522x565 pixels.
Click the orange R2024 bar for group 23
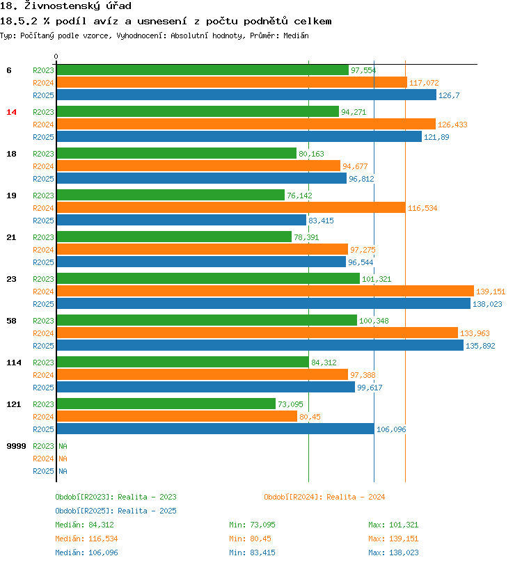[264, 292]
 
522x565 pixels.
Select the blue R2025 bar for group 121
[215, 429]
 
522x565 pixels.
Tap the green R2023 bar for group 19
[170, 196]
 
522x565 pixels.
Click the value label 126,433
[452, 125]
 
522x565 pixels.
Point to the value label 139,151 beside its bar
[491, 292]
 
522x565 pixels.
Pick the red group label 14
[11, 112]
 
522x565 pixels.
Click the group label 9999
[16, 446]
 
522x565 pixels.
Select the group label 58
[11, 321]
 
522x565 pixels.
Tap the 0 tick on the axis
[56, 56]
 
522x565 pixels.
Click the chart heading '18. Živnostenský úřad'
[65, 6]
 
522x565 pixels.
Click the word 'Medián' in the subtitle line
[295, 35]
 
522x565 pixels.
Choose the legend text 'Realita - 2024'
[356, 497]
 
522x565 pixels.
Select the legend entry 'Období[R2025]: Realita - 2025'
[116, 511]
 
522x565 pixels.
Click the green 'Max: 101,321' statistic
[393, 525]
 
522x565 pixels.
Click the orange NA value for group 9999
[63, 459]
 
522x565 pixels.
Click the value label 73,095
[291, 404]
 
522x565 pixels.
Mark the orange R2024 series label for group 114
[43, 375]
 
